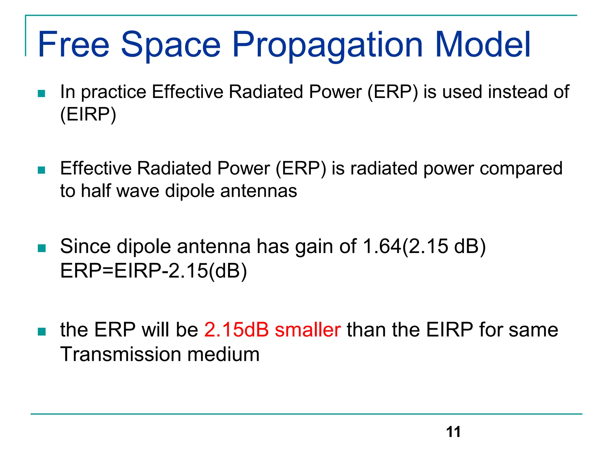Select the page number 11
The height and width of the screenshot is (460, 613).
click(x=453, y=432)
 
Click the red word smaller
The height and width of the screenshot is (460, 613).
click(x=308, y=330)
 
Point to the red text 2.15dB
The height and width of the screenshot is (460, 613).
click(x=236, y=330)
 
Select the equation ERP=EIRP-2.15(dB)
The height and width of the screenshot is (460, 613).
click(x=154, y=271)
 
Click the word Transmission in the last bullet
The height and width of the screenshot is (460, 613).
click(x=120, y=354)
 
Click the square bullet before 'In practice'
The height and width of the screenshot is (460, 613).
click(x=42, y=94)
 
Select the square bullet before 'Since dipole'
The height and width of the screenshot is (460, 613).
click(x=42, y=248)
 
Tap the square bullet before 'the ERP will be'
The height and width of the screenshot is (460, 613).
click(x=42, y=332)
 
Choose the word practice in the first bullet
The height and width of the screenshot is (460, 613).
click(x=114, y=92)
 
